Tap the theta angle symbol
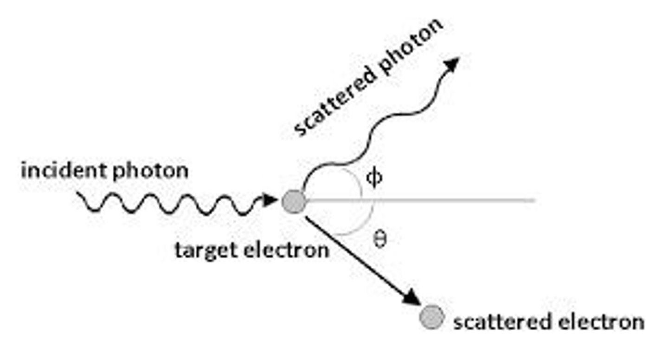pyautogui.click(x=379, y=239)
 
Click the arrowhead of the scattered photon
pyautogui.click(x=451, y=64)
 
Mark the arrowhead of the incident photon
pyautogui.click(x=270, y=200)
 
